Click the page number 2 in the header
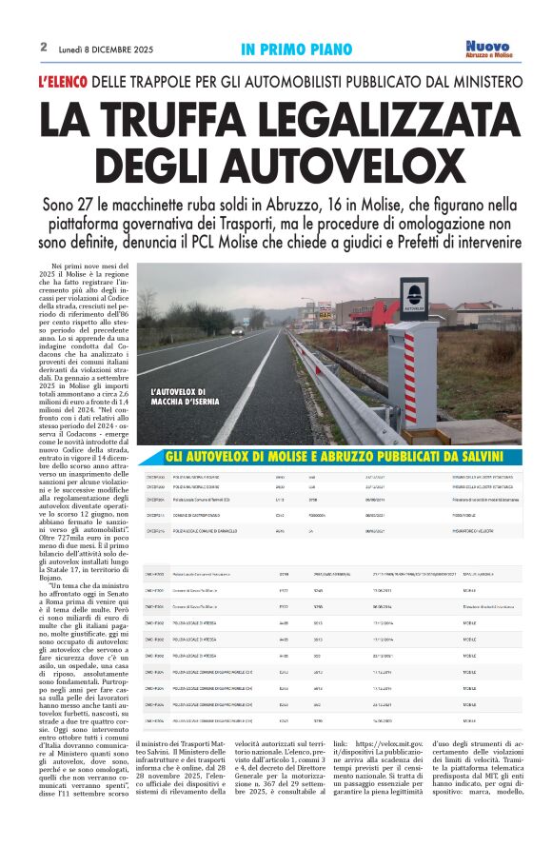[x=44, y=46]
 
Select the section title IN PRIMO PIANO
[x=296, y=49]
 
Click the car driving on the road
[x=237, y=330]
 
